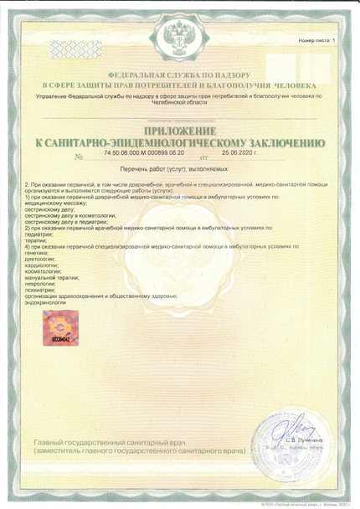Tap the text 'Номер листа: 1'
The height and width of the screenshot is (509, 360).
(316, 39)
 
